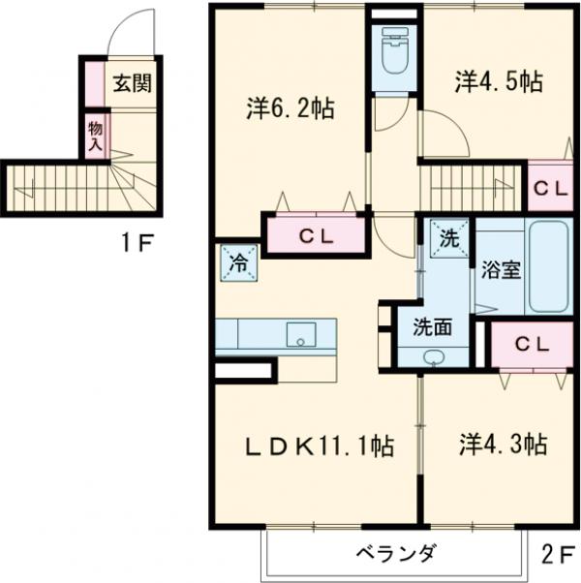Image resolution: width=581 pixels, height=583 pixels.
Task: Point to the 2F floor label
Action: coord(559,555)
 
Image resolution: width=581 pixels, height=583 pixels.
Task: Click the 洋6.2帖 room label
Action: coord(289,108)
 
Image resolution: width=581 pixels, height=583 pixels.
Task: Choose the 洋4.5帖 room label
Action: coord(498,82)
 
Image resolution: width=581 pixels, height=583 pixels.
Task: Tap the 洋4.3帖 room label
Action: coord(503,445)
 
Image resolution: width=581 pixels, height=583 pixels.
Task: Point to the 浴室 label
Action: coord(501,269)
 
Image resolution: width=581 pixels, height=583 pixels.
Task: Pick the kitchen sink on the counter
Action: coord(301,335)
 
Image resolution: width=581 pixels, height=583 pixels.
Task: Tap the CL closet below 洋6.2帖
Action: coord(316,234)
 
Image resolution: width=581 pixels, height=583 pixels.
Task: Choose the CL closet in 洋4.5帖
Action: coord(550,189)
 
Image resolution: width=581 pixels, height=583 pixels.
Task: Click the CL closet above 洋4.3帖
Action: coord(532,343)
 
